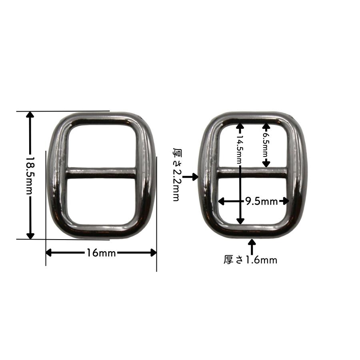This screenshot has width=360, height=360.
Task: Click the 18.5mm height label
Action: pos(30,176)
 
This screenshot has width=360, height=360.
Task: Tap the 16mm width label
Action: pos(101,253)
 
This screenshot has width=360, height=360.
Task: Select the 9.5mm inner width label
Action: pos(261,201)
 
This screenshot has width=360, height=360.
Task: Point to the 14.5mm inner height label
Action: pos(240,149)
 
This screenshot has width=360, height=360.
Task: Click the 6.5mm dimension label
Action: pos(266,144)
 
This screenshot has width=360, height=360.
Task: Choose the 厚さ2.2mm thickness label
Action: pos(176,174)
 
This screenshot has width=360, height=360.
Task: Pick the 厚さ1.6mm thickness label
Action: pos(250,260)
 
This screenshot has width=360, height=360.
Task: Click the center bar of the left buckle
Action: pos(101,173)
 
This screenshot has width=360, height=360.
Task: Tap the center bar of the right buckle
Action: pos(252,173)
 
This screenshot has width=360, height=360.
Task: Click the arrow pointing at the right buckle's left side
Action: pos(190,177)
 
